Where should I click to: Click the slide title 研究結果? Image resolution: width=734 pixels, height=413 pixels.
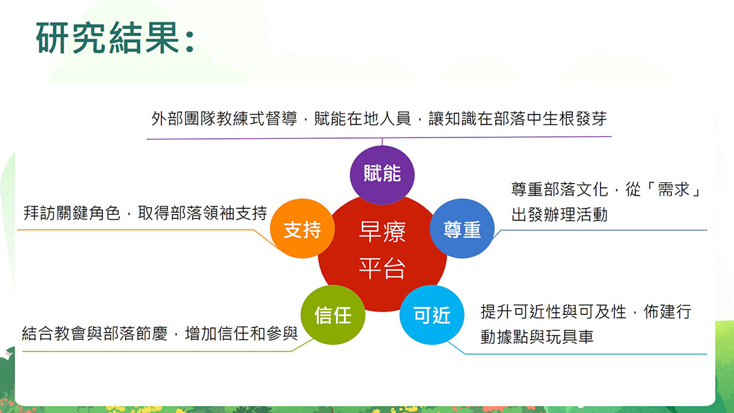tap(108, 38)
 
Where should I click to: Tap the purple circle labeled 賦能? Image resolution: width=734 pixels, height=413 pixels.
tap(382, 175)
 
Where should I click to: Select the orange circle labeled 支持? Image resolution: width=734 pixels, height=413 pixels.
tap(302, 229)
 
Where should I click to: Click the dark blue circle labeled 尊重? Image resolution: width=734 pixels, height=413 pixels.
tap(462, 229)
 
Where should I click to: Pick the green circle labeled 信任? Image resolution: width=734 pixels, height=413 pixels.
tap(333, 315)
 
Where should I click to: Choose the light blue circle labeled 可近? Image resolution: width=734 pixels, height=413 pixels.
tap(432, 315)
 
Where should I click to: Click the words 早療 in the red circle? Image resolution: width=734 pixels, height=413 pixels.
tap(382, 232)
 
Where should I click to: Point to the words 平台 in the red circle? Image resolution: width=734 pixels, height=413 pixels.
tap(382, 269)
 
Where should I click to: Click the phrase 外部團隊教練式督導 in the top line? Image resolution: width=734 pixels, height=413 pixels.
tap(224, 119)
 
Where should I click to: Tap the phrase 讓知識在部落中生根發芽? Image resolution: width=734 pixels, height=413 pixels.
tap(518, 119)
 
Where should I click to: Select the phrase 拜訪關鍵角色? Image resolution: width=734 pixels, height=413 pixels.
tap(72, 213)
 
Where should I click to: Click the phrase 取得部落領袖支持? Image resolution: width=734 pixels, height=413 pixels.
tap(202, 213)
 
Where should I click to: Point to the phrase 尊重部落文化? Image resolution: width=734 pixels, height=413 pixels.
tap(559, 190)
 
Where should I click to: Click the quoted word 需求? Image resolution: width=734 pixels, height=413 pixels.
tap(674, 190)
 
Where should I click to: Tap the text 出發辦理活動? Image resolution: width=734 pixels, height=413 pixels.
tap(559, 215)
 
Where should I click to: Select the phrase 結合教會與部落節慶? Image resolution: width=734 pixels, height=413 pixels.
tap(95, 334)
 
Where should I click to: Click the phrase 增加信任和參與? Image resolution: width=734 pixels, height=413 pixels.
tap(242, 334)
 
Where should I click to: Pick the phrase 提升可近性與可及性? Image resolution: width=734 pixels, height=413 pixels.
tap(553, 312)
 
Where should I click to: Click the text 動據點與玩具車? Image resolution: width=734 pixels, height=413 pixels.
tap(537, 337)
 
